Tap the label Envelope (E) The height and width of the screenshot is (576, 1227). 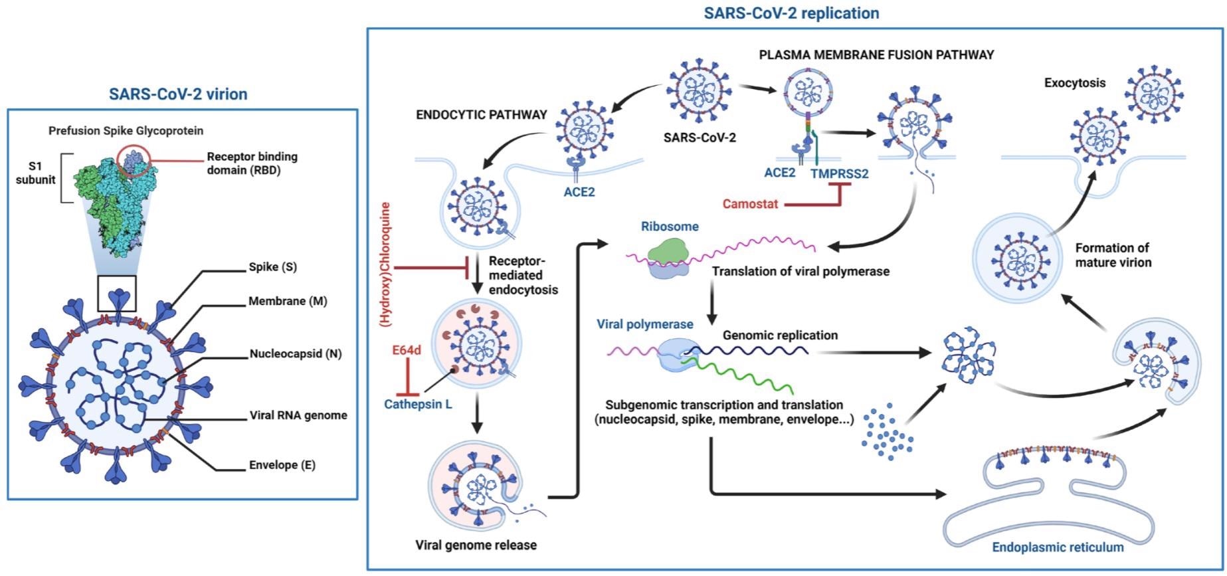point(282,465)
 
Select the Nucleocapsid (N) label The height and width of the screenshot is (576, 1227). point(296,354)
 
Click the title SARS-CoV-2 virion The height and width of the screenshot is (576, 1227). point(178,94)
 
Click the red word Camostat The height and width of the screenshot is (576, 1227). point(750,204)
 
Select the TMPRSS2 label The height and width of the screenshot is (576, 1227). point(839,174)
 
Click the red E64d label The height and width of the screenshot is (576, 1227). point(406,350)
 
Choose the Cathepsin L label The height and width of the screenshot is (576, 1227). point(418,404)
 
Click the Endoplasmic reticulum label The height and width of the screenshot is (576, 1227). point(1058,548)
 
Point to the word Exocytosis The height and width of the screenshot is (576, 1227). point(1074,83)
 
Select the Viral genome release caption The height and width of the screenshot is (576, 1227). point(476,545)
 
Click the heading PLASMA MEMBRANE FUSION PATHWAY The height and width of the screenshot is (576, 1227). point(876,54)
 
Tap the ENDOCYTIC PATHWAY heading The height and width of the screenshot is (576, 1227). point(481,115)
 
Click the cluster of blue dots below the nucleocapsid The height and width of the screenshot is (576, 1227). point(888,429)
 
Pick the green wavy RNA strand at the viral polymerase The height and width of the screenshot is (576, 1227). point(744,376)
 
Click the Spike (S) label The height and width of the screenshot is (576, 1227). point(272,267)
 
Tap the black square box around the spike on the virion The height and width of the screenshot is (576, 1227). point(117,293)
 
